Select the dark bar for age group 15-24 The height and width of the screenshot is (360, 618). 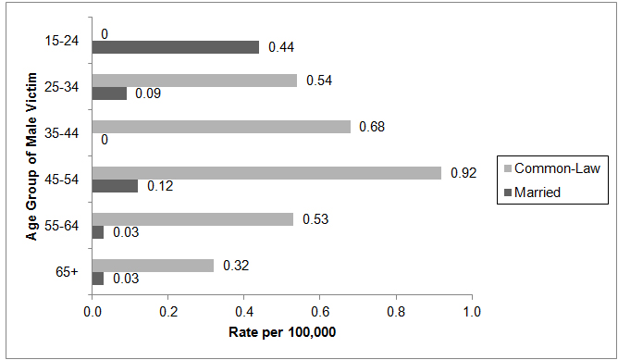[x=175, y=47]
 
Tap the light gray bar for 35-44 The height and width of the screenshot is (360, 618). [x=221, y=126]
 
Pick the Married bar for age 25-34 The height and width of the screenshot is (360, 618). [x=109, y=93]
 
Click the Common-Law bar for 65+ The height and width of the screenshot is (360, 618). [x=153, y=265]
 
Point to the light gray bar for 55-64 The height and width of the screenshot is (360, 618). [x=192, y=218]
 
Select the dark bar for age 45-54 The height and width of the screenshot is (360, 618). [x=115, y=186]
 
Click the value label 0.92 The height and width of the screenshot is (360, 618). [x=463, y=172]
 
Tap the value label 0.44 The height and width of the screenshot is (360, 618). [x=281, y=47]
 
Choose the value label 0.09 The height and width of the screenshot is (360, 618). [x=148, y=93]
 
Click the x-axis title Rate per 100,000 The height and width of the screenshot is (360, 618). [x=281, y=331]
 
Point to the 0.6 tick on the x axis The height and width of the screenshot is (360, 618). [x=319, y=312]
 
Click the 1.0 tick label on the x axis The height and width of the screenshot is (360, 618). [x=471, y=312]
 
